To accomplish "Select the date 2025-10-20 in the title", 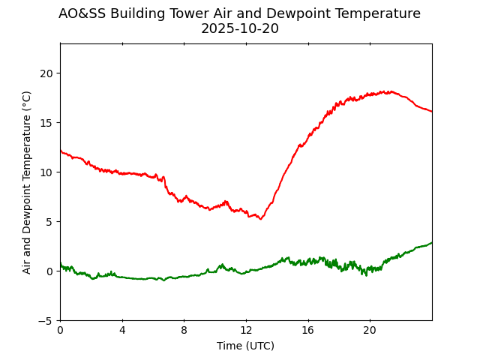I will (239, 28).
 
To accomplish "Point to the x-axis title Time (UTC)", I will (245, 346).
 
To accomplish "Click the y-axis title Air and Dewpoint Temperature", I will (27, 182).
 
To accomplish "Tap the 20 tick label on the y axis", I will (46, 73).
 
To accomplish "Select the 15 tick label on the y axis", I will (46, 123).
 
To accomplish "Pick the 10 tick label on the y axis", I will (46, 172).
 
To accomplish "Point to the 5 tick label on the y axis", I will (49, 222).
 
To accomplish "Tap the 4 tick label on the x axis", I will (122, 331).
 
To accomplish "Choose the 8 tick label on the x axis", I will (184, 331).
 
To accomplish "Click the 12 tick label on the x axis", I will (246, 331).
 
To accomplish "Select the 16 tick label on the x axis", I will (308, 331).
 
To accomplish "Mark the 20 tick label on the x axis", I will (370, 331).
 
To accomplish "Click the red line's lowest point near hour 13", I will (260, 219).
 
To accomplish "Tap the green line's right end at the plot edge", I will (431, 242).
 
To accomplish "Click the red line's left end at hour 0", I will (61, 151).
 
